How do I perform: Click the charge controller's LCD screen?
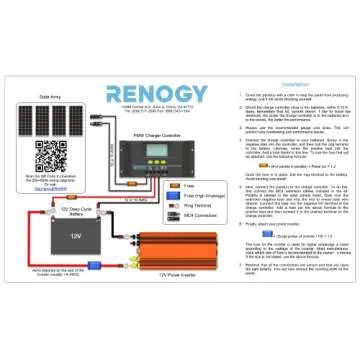click(x=163, y=154)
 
